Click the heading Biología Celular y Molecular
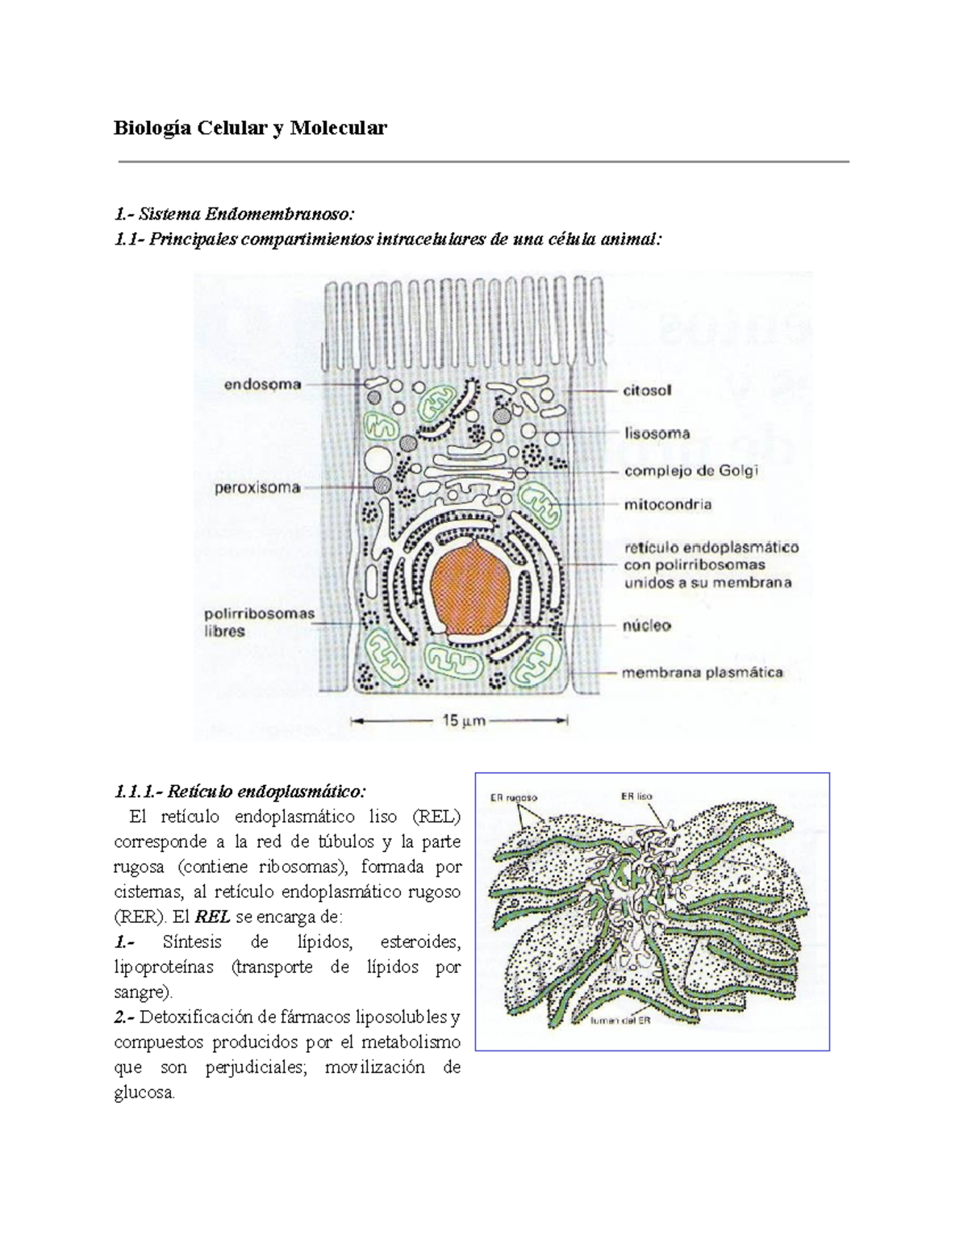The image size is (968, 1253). click(250, 127)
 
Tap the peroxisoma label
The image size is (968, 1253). click(257, 488)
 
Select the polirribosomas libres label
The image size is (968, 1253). click(258, 622)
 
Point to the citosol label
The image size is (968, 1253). click(647, 391)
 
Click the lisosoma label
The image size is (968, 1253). click(657, 433)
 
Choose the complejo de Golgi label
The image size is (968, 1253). click(691, 470)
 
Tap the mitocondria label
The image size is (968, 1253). click(667, 505)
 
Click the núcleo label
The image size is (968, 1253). click(647, 625)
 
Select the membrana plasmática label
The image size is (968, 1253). click(702, 672)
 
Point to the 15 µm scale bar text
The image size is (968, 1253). click(464, 720)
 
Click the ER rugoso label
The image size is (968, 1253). click(514, 797)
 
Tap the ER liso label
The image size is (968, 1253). click(636, 796)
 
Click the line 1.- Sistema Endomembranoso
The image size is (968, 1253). click(234, 214)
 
